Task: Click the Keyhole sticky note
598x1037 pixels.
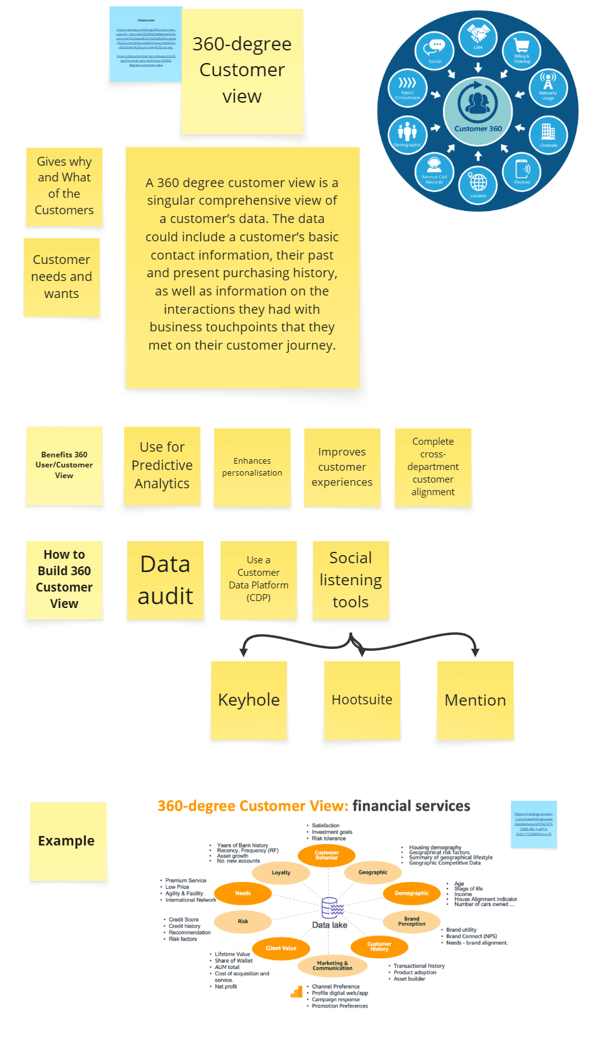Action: click(249, 699)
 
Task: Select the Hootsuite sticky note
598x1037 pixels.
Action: click(362, 699)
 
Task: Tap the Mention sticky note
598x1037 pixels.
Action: click(475, 699)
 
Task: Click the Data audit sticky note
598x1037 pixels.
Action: click(165, 580)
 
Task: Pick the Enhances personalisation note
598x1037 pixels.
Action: click(252, 467)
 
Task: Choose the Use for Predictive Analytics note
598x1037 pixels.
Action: click(162, 466)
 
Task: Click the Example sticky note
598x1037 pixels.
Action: click(67, 840)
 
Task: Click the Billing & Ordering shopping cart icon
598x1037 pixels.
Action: click(522, 50)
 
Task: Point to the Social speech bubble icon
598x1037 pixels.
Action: click(435, 50)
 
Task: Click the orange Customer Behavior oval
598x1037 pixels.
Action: click(326, 855)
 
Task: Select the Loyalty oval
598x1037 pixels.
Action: click(281, 873)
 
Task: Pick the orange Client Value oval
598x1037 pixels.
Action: click(281, 948)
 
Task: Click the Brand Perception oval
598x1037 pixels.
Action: click(411, 921)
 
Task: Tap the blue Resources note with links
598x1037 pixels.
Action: click(146, 44)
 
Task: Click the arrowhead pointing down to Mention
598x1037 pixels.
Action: click(475, 653)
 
